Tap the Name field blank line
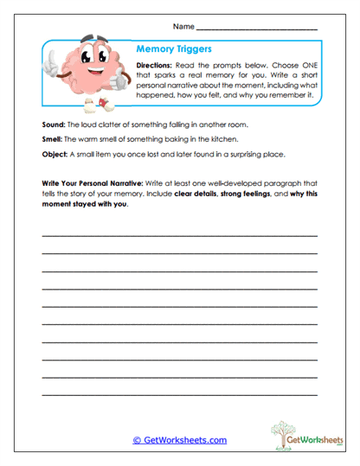coord(257,29)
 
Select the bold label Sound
coord(53,124)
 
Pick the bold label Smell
coord(52,139)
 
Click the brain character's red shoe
coord(104,105)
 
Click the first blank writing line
coord(179,235)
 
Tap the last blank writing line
coord(179,393)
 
